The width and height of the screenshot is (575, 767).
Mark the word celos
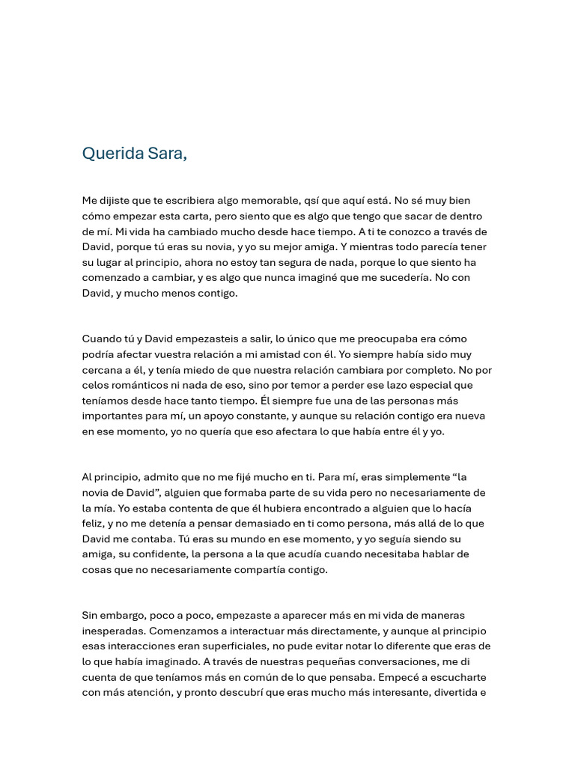[x=96, y=386]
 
